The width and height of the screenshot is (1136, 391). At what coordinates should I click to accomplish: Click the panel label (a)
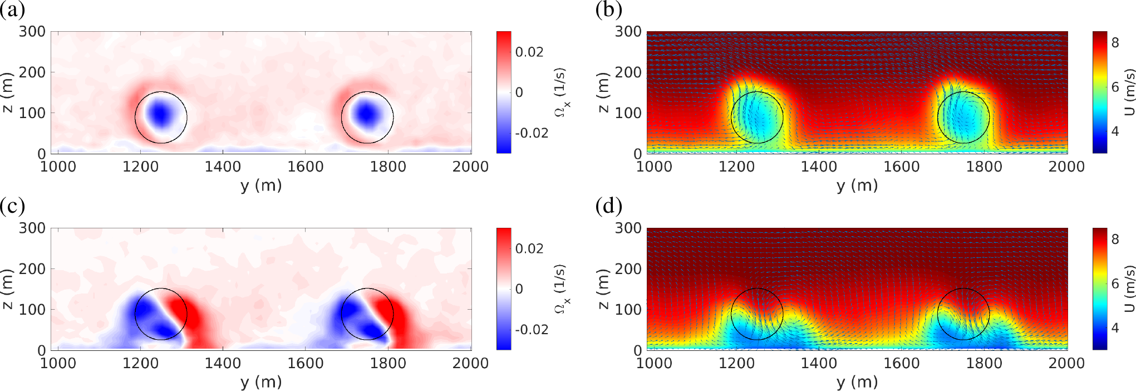coord(12,10)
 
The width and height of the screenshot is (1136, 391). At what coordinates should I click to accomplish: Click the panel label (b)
coord(608,10)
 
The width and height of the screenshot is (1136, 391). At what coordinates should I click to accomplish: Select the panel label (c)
coord(12,206)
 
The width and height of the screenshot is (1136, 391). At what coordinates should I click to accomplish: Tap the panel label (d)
coord(608,206)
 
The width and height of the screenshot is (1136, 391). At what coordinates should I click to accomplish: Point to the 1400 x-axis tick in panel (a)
coord(223,167)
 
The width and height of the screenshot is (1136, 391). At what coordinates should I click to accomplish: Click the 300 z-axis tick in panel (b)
coord(628,32)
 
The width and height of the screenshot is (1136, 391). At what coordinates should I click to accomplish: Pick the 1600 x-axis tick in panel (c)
coord(306,363)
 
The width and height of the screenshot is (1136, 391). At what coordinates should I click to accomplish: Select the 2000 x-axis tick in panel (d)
coord(1066,363)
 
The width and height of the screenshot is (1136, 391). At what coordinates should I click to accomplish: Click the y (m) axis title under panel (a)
coord(261,185)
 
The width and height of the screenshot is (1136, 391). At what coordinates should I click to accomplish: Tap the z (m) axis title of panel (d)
coord(603,289)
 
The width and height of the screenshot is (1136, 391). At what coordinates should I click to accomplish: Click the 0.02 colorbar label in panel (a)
coord(529,52)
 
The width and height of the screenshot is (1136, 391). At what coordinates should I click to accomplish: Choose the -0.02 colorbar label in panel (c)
coord(532,330)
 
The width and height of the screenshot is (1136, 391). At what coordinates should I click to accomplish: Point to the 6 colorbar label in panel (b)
coord(1115,87)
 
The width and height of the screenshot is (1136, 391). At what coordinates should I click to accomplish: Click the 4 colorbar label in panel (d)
coord(1115,328)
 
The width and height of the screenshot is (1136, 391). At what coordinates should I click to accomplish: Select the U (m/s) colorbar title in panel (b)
coord(1129,92)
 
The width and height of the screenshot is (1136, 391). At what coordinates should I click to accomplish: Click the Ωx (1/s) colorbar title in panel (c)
coord(562,289)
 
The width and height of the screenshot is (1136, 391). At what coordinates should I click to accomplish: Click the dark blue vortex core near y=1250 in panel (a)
coord(160,114)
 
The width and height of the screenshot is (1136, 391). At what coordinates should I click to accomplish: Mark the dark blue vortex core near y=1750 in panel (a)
coord(367,114)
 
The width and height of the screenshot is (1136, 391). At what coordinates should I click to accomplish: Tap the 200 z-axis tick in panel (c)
coord(32,269)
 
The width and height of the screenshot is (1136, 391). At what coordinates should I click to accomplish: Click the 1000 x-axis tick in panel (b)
coord(654,167)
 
